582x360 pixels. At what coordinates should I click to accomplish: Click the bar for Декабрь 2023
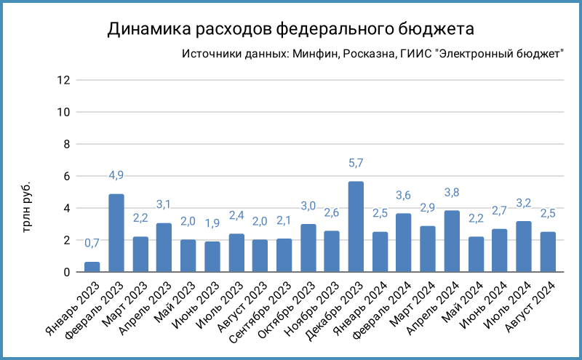click(x=356, y=227)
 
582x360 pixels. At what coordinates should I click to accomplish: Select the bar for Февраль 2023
click(x=116, y=233)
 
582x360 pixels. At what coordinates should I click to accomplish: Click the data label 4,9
click(x=116, y=175)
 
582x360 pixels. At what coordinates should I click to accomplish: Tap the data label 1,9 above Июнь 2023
click(x=212, y=223)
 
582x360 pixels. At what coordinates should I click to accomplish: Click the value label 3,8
click(x=452, y=193)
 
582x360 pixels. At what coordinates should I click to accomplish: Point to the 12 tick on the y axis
click(x=63, y=80)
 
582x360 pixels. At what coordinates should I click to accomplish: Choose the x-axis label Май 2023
click(x=175, y=302)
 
